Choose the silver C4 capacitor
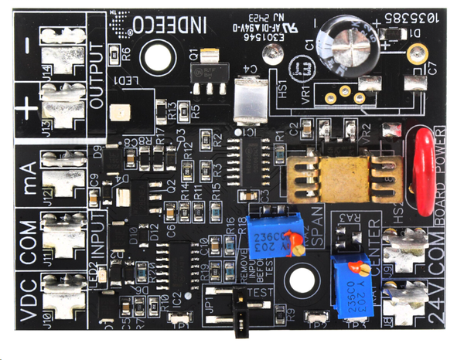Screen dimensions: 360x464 click(x=249, y=100)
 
